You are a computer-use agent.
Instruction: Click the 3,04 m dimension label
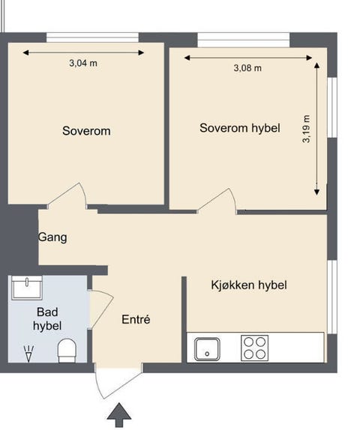click(x=82, y=64)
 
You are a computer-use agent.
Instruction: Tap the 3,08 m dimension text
click(x=247, y=68)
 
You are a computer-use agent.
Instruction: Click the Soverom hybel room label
click(x=239, y=128)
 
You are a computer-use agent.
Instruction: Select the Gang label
click(x=53, y=237)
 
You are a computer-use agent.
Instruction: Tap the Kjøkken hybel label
click(x=248, y=285)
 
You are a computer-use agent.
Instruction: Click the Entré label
click(x=136, y=320)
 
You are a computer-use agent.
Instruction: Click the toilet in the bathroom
click(x=67, y=349)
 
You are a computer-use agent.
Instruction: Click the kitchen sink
click(x=207, y=348)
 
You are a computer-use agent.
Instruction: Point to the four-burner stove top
click(x=254, y=348)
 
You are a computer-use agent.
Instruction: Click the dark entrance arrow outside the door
click(x=118, y=414)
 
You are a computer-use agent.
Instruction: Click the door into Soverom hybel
click(x=218, y=201)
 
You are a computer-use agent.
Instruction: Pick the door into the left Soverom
click(x=68, y=196)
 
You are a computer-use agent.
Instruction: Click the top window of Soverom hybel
click(x=244, y=38)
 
